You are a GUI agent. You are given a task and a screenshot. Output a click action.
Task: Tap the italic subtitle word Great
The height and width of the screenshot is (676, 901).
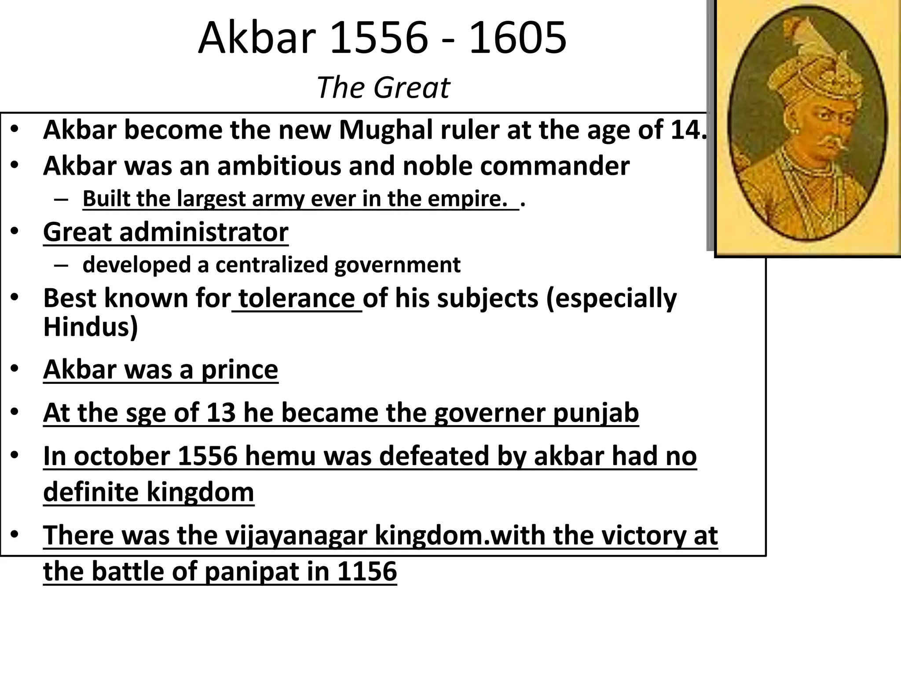[x=412, y=88]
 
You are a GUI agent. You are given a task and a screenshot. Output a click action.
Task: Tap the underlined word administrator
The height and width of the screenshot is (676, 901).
[x=204, y=232]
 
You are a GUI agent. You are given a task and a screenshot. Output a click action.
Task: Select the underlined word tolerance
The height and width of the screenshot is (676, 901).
[x=297, y=298]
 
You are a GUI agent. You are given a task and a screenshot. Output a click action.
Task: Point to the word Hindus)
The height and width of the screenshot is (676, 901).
[x=91, y=327]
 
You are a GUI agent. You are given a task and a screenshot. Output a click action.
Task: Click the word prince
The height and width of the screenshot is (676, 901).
[x=239, y=369]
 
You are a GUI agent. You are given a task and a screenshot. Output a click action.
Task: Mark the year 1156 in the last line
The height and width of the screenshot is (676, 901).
[x=367, y=571]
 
